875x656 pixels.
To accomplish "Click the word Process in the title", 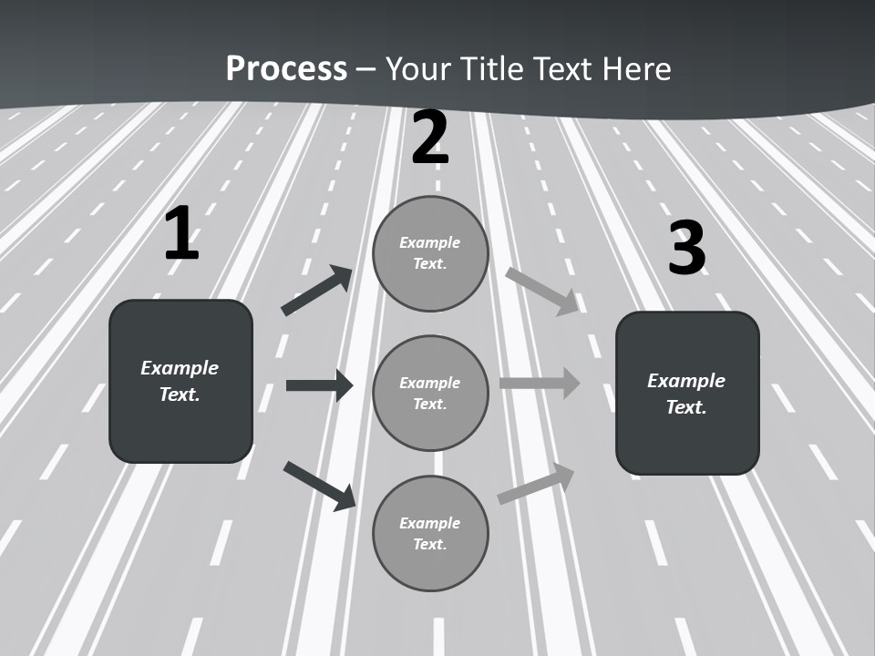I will pos(286,68).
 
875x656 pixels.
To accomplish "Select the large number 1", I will pos(181,234).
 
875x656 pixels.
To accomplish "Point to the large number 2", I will pos(430,138).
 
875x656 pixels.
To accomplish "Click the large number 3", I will pos(686,248).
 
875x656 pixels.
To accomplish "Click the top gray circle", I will pos(430,253).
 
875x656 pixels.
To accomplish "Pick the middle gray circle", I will pos(430,393).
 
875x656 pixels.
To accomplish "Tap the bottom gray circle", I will pos(430,533).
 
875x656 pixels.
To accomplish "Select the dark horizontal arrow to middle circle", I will pos(319,385).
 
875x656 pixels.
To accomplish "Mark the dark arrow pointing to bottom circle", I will pos(319,486).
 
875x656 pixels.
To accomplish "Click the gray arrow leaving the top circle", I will pos(542,291).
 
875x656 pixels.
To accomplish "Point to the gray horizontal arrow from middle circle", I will pos(540,383).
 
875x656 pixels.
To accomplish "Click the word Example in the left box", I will pos(180,368).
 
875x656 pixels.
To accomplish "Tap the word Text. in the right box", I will pos(686,407).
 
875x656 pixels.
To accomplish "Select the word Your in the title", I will pos(418,68).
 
